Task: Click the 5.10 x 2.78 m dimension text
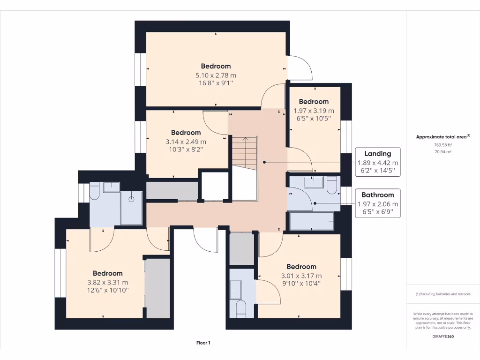[x=216, y=75]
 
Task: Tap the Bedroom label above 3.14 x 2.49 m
[x=186, y=133]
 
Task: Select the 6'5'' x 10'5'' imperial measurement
[x=314, y=119]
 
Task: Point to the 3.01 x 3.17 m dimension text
[x=301, y=276]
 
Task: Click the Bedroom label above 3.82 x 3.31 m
[x=107, y=273]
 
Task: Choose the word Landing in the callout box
[x=378, y=153]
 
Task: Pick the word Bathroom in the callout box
[x=377, y=195]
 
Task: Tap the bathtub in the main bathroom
[x=312, y=221]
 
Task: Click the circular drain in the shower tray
[x=133, y=199]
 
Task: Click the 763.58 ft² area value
[x=443, y=145]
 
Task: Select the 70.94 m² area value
[x=443, y=152]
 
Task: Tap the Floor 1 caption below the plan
[x=203, y=343]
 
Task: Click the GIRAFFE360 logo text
[x=443, y=336]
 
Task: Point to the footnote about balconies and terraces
[x=443, y=294]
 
